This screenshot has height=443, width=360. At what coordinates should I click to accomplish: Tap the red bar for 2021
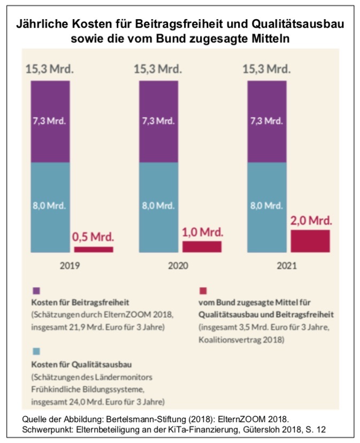coord(310,241)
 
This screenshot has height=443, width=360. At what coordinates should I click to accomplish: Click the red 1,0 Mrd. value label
coord(202,233)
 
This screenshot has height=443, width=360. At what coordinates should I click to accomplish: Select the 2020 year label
coord(179,265)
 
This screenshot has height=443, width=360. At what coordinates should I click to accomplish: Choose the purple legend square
coord(36,291)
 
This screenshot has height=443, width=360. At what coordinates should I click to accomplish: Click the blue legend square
coord(36,351)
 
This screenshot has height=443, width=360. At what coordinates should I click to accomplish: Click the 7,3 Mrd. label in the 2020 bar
coord(158,120)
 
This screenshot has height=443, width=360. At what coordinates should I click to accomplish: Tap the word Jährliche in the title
coord(43,25)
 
